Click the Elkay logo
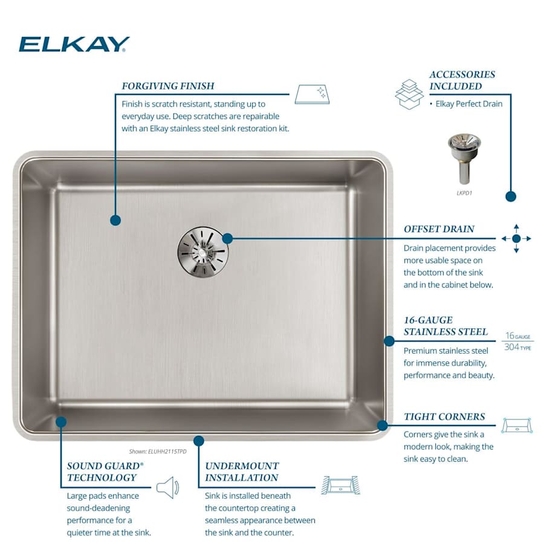click(74, 44)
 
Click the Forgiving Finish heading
click(168, 86)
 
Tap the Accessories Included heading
click(462, 80)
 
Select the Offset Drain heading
click(439, 229)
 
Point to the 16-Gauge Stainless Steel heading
click(445, 326)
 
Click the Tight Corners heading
click(444, 416)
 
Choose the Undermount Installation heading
click(242, 471)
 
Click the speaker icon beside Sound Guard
click(167, 487)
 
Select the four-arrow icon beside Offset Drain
click(516, 238)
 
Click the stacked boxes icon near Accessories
click(409, 94)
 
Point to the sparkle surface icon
click(312, 94)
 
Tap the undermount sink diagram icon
click(341, 485)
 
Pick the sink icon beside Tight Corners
click(517, 425)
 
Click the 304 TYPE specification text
click(518, 348)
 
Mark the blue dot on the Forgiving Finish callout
click(114, 221)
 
